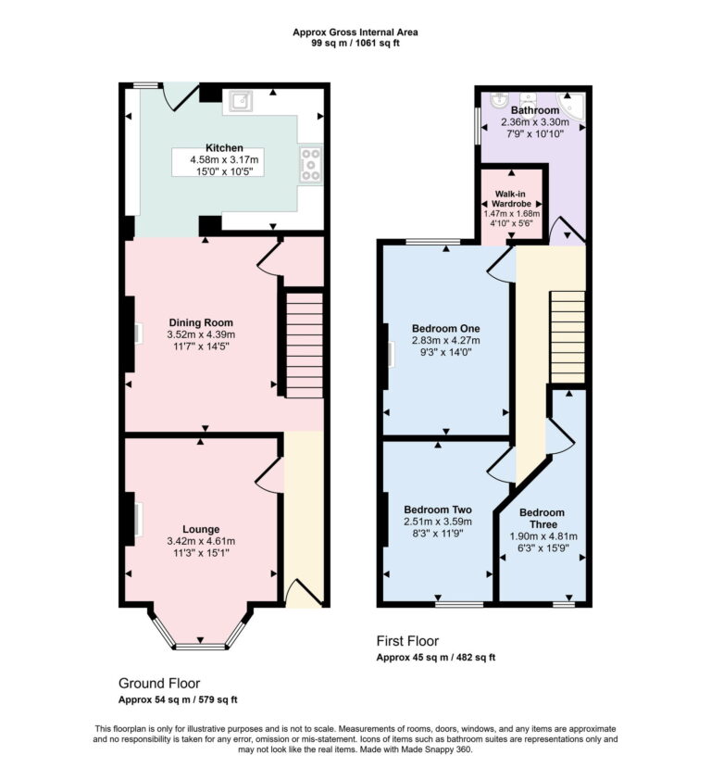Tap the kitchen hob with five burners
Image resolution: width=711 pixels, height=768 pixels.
[x=309, y=164]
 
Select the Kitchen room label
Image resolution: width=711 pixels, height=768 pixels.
[x=224, y=148]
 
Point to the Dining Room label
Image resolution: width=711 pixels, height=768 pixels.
[x=201, y=322]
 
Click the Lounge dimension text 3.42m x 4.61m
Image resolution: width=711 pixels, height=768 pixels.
[x=201, y=541]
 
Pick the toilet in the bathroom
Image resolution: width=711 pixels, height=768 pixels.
[x=530, y=95]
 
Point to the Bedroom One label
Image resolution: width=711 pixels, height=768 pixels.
[x=445, y=328]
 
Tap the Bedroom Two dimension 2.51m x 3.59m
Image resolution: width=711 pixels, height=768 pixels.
[x=438, y=522]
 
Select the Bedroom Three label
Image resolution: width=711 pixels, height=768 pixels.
[x=542, y=519]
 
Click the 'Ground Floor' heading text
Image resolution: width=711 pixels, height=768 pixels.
[x=159, y=683]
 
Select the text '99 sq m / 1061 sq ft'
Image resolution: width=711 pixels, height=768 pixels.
[x=355, y=43]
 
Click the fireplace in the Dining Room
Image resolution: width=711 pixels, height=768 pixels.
[x=134, y=334]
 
